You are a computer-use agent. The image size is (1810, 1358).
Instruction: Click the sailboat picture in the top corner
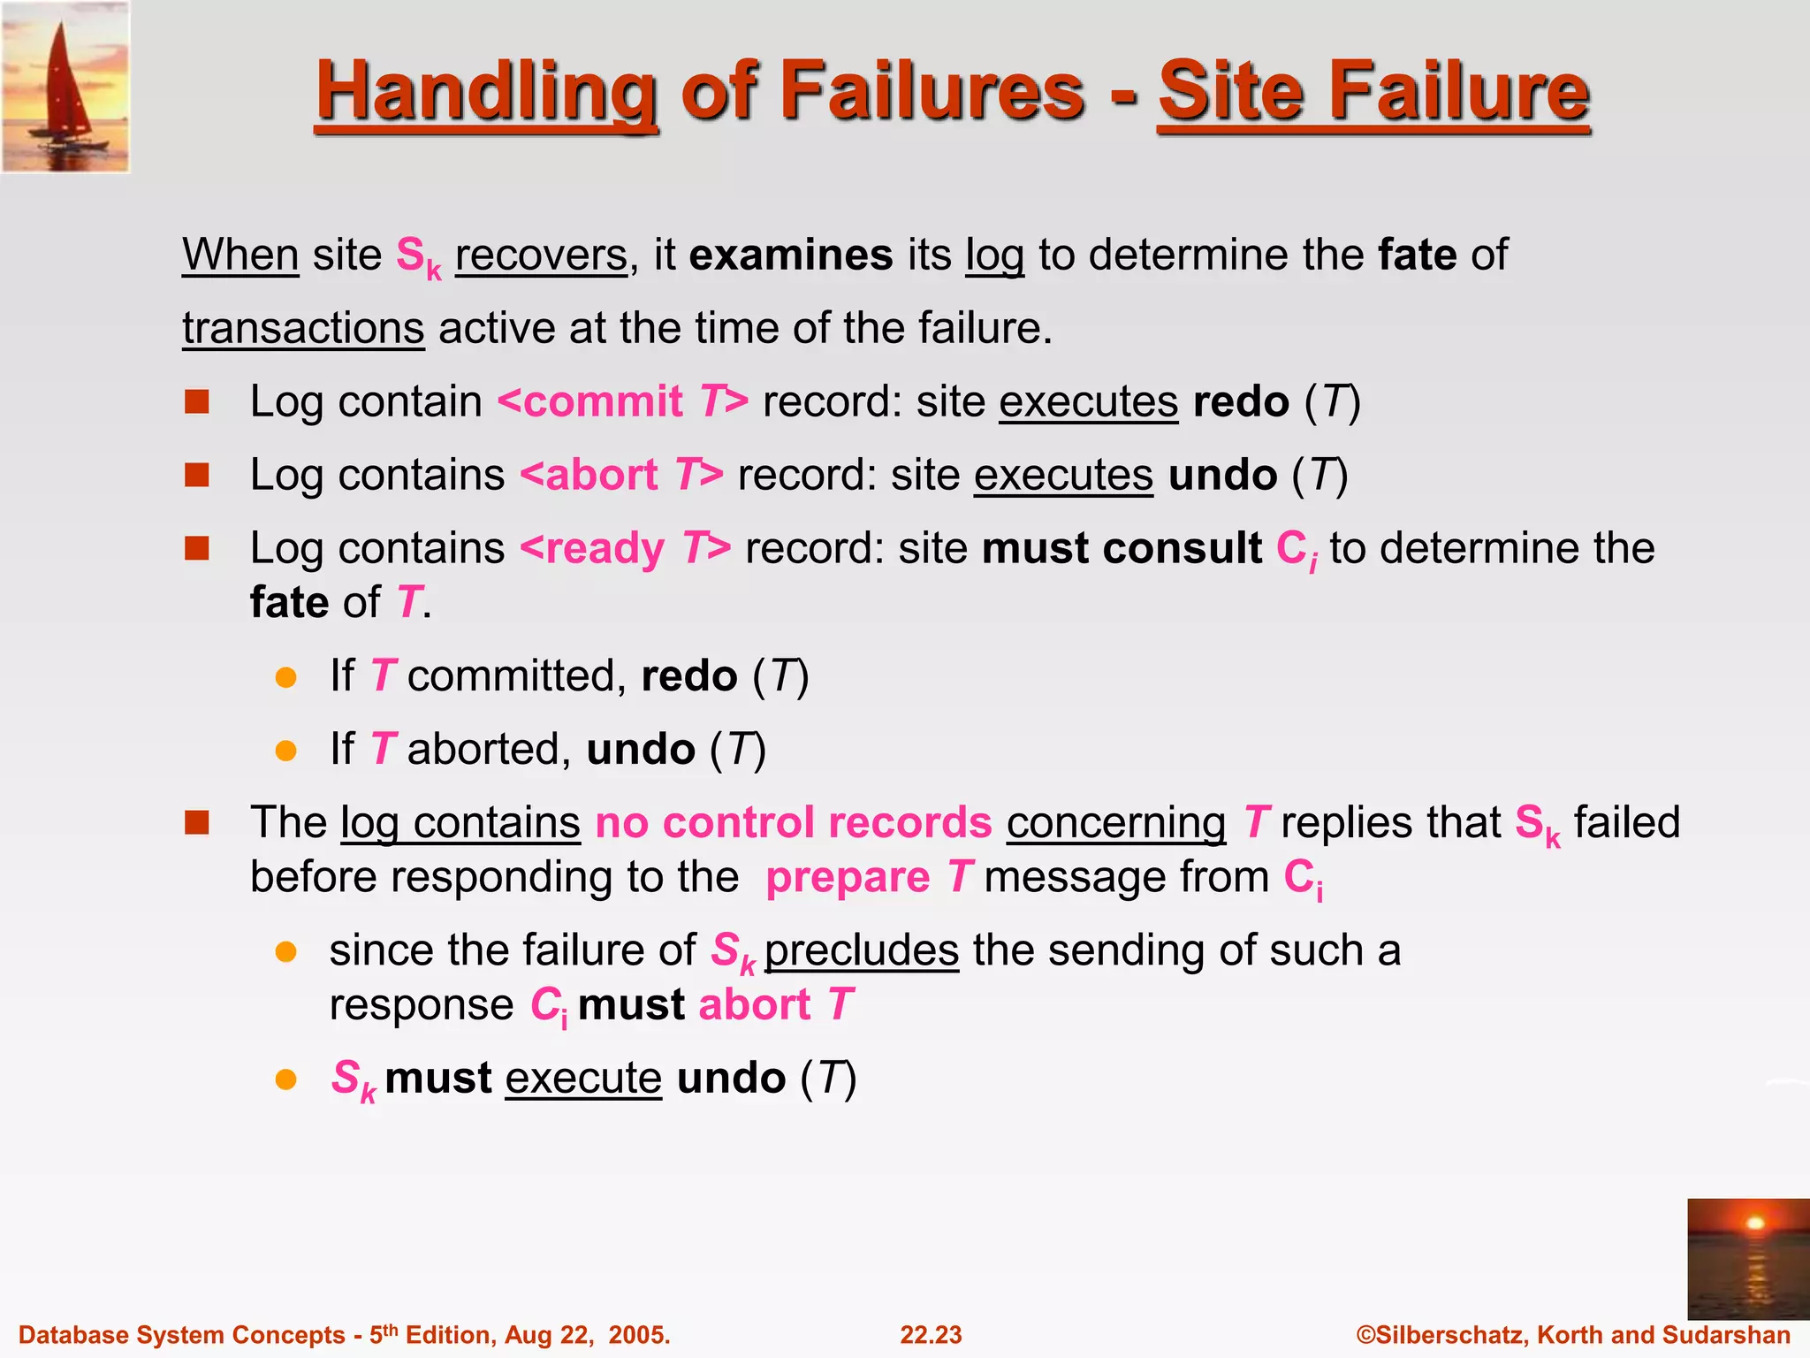(65, 87)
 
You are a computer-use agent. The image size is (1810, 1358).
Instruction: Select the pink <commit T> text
(623, 402)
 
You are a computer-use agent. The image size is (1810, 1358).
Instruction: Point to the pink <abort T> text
(621, 476)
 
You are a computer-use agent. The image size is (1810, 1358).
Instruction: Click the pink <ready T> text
(626, 549)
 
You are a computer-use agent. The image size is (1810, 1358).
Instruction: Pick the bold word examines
(791, 256)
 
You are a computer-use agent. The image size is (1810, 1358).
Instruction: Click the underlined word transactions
(303, 329)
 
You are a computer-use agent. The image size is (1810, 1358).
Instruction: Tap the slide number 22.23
(931, 1335)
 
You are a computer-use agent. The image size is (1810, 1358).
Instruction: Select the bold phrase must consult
(1122, 549)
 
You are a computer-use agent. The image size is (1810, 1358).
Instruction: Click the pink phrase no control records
(794, 823)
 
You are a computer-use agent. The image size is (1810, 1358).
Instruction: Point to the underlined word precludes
(862, 951)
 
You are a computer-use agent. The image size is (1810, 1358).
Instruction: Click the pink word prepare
(848, 879)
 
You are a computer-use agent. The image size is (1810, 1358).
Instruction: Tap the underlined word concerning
(1115, 823)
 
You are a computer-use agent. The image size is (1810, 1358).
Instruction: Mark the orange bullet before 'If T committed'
(285, 678)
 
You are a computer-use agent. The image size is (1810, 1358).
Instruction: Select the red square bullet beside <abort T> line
(196, 476)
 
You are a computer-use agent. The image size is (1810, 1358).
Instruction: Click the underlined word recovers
(541, 256)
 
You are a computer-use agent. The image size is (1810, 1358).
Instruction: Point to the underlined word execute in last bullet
(583, 1079)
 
